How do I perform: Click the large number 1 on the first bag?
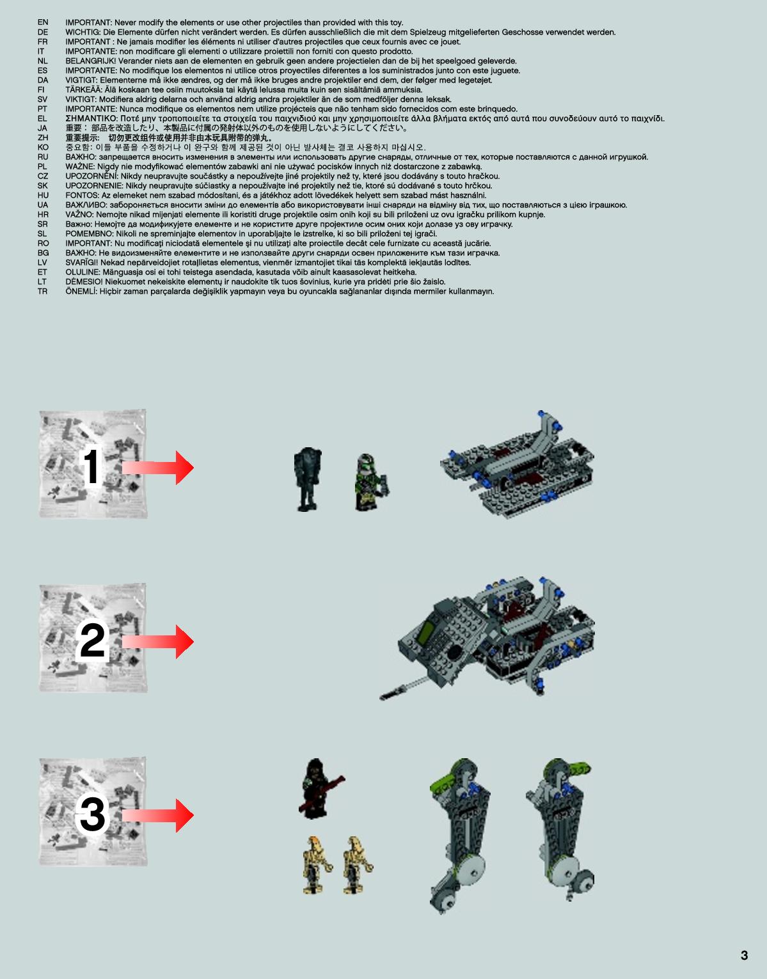click(91, 466)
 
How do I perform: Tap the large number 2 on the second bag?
click(92, 641)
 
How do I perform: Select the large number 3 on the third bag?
click(92, 815)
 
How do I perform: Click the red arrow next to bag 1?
click(157, 468)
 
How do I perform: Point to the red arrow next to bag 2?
click(157, 642)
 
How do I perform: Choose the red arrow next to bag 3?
click(157, 815)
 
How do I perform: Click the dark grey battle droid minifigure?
click(308, 479)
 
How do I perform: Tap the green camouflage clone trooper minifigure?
click(371, 482)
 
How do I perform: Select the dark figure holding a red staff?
click(319, 789)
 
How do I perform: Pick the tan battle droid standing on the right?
click(358, 866)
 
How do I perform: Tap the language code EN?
click(43, 22)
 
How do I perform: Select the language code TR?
click(42, 292)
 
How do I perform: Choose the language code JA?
click(42, 128)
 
